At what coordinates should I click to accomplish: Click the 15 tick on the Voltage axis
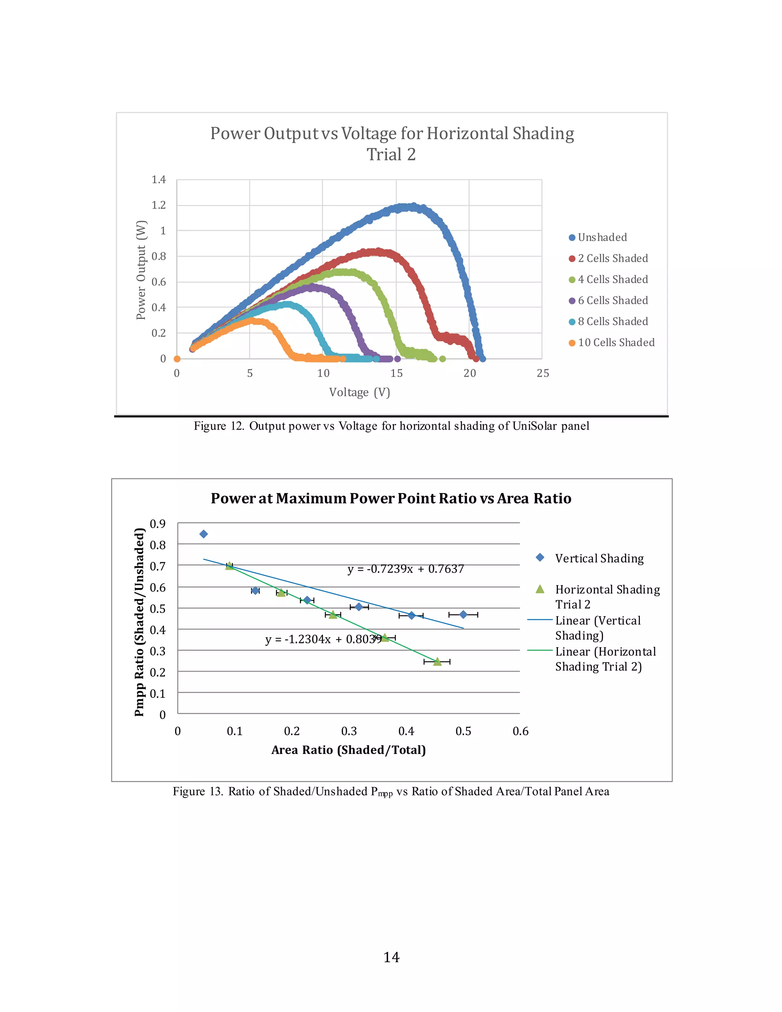397,373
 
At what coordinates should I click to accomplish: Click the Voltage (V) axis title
359,393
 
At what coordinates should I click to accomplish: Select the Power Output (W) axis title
141,270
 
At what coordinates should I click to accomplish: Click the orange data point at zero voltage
177,359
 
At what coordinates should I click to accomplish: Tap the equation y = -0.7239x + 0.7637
406,569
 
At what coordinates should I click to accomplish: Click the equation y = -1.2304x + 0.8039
323,639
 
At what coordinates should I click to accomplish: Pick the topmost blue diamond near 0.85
204,534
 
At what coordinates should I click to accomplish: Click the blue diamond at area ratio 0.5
463,614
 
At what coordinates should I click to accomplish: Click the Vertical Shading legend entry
599,558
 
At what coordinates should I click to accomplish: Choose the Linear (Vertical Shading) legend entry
598,628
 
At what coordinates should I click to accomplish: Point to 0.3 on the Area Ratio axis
349,731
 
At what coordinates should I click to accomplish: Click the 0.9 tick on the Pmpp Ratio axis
158,524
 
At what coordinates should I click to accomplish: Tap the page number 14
391,957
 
